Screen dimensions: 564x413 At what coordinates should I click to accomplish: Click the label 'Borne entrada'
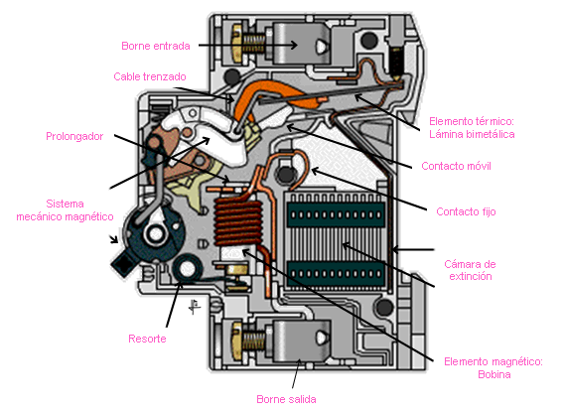(x=156, y=46)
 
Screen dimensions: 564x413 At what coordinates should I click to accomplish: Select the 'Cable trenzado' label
(x=150, y=76)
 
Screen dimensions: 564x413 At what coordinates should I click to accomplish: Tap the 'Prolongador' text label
(x=74, y=136)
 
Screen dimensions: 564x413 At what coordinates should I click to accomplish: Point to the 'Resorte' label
(x=147, y=339)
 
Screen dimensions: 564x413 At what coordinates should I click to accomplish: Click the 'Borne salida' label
(x=286, y=399)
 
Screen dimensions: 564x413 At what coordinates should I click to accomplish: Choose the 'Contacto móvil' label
(x=456, y=166)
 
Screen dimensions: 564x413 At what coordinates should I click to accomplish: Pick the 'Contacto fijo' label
(x=466, y=211)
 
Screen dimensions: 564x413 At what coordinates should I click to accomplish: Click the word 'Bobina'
(x=494, y=374)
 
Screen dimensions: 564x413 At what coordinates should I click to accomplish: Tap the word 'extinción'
(x=471, y=276)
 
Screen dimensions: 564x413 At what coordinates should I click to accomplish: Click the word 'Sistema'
(x=66, y=204)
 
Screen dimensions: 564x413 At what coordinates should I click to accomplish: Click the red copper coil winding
(x=237, y=223)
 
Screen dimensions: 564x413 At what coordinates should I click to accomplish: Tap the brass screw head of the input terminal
(x=236, y=43)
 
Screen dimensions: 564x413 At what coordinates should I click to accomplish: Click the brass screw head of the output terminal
(x=237, y=341)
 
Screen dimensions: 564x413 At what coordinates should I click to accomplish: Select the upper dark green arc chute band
(x=336, y=214)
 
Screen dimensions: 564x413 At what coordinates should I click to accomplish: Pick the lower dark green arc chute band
(x=336, y=274)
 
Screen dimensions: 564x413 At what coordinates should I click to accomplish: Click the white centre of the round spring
(x=187, y=268)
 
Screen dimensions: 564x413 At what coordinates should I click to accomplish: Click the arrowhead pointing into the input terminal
(x=294, y=46)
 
